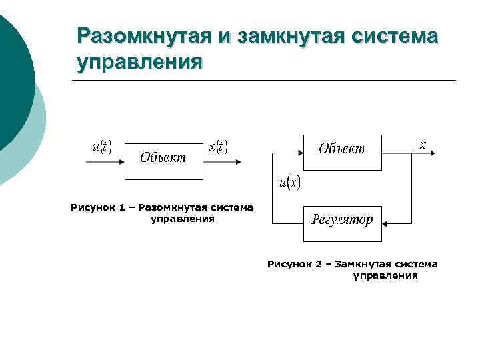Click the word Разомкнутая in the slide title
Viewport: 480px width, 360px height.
(x=143, y=36)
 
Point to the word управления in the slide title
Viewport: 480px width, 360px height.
(x=139, y=63)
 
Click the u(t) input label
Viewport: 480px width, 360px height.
(x=101, y=146)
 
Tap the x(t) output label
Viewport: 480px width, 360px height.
(x=218, y=147)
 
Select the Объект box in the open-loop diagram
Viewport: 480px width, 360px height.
(x=163, y=160)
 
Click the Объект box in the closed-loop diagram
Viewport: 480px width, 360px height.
(x=342, y=152)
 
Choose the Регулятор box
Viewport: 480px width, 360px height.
(x=342, y=223)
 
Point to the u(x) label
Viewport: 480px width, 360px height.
(x=289, y=182)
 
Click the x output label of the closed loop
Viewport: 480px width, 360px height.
(x=422, y=144)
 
